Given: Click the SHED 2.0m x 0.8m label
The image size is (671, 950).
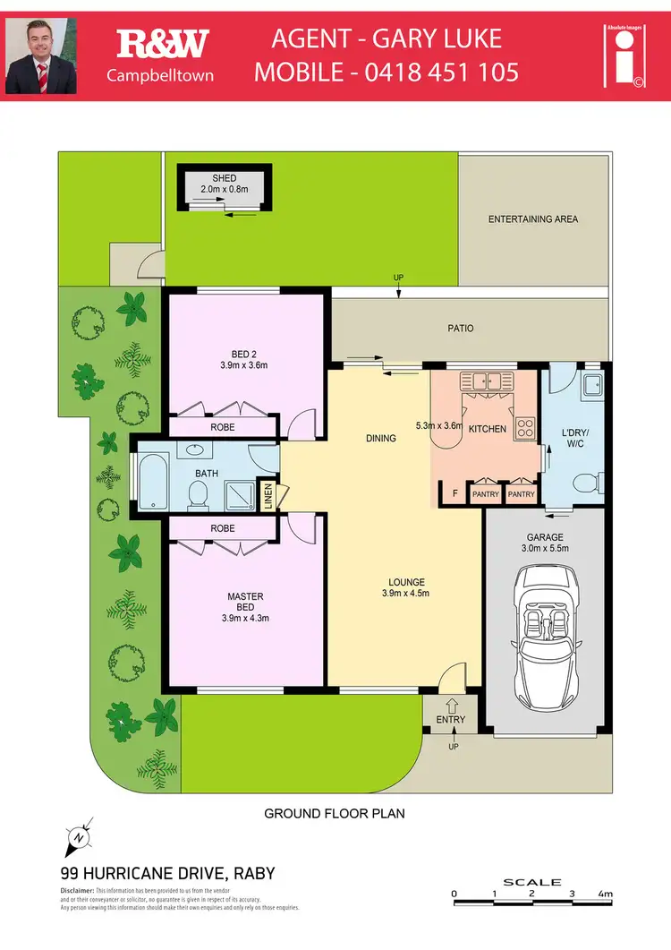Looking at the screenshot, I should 225,184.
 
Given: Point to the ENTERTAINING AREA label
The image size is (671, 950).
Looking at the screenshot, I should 532,219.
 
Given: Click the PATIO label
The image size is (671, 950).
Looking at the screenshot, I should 461,329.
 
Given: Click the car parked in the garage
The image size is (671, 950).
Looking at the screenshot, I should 547,642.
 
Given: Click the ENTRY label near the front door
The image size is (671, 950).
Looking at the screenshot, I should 451,720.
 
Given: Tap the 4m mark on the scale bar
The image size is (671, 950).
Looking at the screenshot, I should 606,894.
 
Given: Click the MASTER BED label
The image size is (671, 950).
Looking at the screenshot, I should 245,607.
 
